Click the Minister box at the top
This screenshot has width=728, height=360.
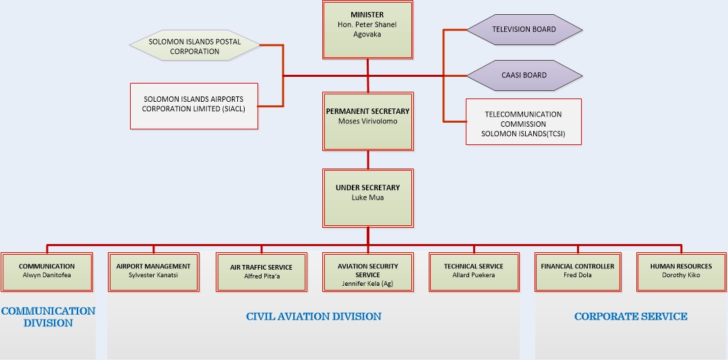[x=367, y=30]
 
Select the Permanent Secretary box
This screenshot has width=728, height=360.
[x=367, y=121]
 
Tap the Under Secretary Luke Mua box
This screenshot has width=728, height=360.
[x=367, y=198]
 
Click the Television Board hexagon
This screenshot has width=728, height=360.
[x=524, y=30]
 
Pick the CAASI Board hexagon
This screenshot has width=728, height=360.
[x=524, y=75]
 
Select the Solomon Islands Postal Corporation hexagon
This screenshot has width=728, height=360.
[x=194, y=47]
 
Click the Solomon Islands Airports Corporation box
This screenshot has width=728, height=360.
[x=193, y=105]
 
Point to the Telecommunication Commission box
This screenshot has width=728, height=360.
[x=523, y=122]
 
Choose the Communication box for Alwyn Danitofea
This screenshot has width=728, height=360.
[x=47, y=271]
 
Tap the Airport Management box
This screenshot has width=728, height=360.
[x=153, y=271]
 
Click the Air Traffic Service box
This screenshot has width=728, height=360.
[x=261, y=271]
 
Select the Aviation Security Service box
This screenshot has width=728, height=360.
[x=367, y=271]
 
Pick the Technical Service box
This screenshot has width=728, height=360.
[x=473, y=271]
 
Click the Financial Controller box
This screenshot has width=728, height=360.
[x=578, y=271]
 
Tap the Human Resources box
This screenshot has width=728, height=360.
[x=681, y=271]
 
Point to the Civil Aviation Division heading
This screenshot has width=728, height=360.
[x=313, y=316]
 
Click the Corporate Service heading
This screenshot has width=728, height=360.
[x=630, y=316]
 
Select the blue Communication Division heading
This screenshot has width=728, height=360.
[x=48, y=317]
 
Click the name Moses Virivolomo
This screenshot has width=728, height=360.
[x=367, y=121]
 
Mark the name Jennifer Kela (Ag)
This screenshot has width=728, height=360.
[x=367, y=284]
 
